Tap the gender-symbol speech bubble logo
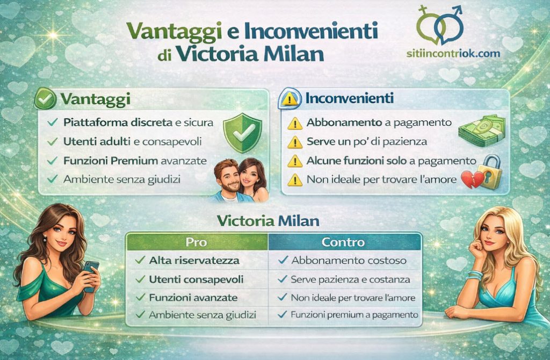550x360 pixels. (441, 24)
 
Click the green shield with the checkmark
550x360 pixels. (242, 132)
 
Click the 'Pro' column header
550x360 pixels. (196, 242)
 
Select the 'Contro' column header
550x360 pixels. (343, 242)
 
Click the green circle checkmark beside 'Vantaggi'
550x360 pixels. (45, 99)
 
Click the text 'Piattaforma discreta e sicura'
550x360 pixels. (138, 123)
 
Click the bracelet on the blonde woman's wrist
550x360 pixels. (474, 275)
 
